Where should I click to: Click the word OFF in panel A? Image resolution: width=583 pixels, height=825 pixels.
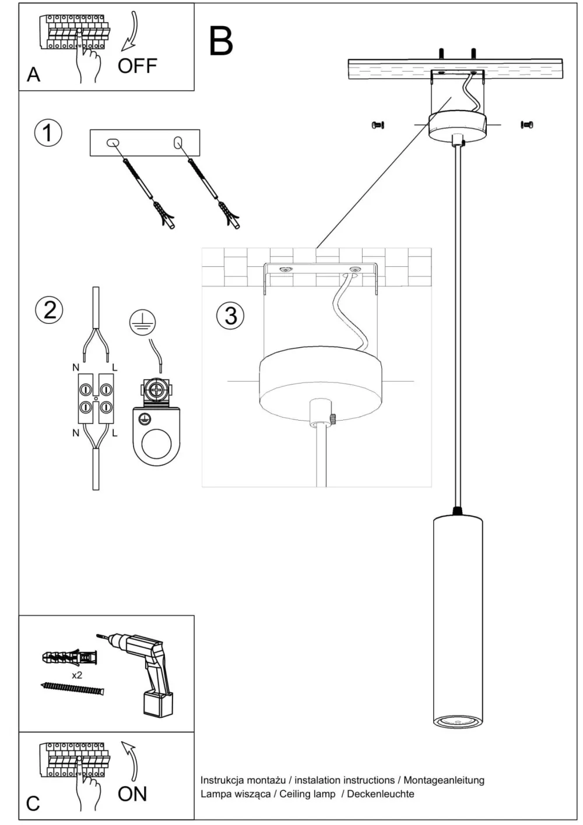137,66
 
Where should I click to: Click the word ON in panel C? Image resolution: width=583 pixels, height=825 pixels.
132,794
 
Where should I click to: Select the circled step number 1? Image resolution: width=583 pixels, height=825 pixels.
48,133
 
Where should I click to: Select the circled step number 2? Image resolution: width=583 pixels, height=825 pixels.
50,309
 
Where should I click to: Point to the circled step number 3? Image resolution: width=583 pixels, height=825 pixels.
231,315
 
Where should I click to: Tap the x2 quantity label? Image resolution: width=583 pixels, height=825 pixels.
76,675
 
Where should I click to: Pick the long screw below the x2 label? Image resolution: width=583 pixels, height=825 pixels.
72,689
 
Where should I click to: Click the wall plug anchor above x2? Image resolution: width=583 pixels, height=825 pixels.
69,658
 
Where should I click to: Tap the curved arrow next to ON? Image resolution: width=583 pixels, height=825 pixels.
130,760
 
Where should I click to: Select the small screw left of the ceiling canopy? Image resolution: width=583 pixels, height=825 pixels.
378,125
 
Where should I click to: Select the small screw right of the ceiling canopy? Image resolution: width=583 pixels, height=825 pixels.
527,124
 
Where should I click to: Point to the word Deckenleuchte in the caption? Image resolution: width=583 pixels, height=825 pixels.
381,794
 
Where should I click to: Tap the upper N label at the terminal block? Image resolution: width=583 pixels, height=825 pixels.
76,367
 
